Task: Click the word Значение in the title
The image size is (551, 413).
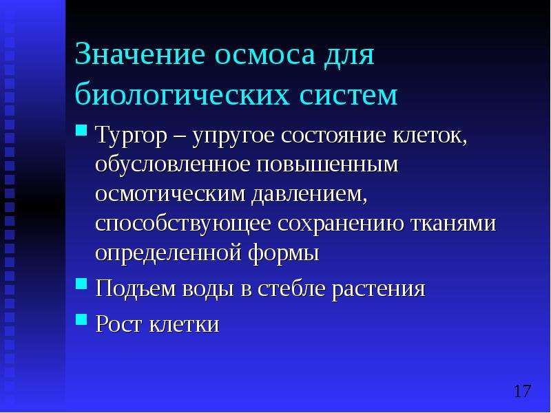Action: tap(140, 54)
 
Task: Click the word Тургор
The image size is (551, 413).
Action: tap(131, 136)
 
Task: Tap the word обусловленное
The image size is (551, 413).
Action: tap(173, 165)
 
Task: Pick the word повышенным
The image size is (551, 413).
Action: tap(328, 165)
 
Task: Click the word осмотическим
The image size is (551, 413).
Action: tap(170, 194)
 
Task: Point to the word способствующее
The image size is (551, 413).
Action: tap(183, 224)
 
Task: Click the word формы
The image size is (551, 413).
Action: tap(283, 253)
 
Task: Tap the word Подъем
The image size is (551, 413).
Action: tap(135, 288)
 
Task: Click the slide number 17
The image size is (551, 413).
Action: tap(522, 391)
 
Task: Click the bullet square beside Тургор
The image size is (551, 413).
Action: tap(81, 130)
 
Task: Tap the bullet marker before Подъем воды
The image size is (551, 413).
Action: tap(81, 283)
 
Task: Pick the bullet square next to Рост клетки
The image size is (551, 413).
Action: tap(81, 319)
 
